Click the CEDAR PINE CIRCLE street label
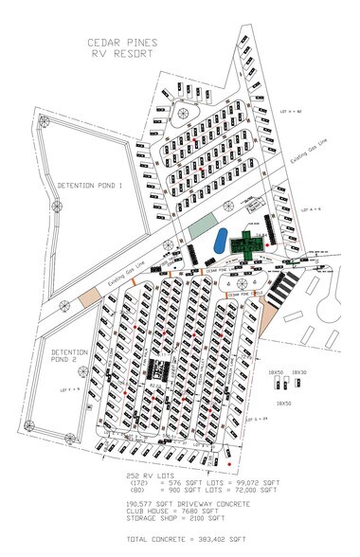point(245,294)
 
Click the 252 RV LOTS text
point(144,474)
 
